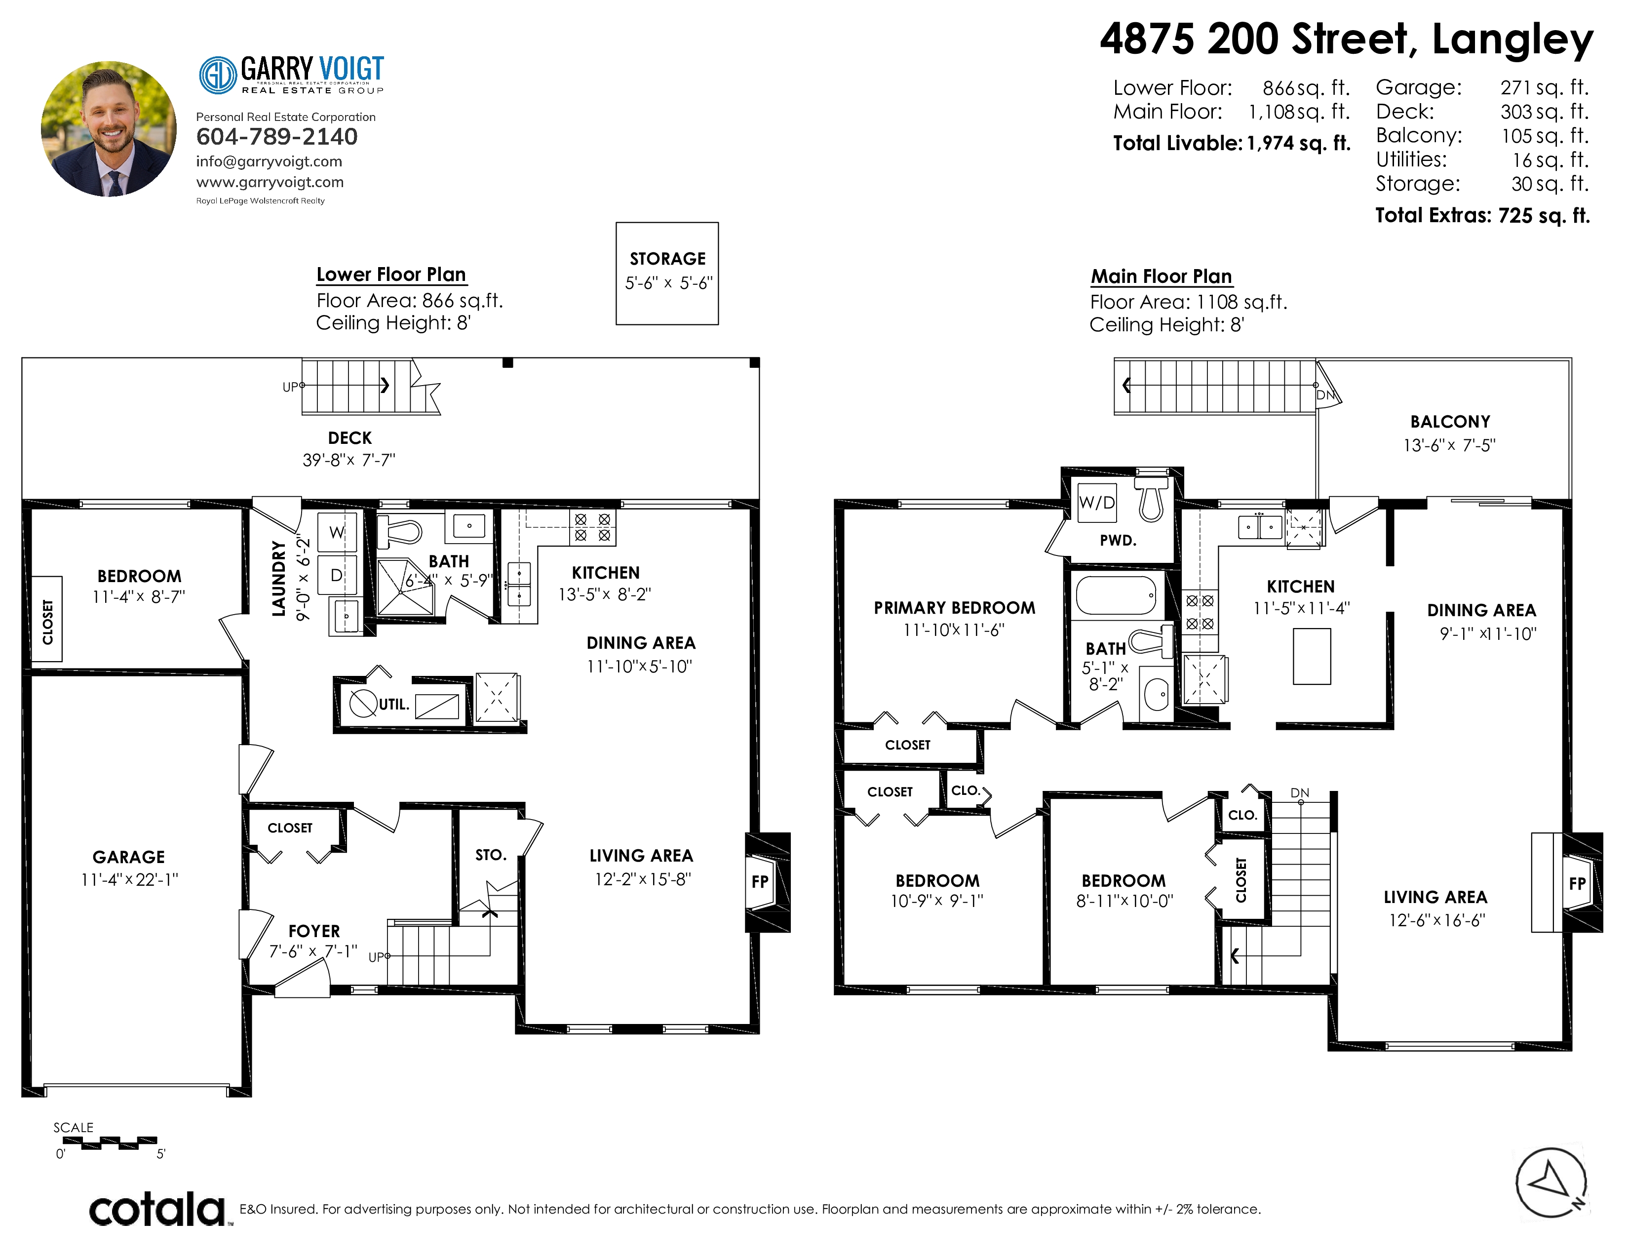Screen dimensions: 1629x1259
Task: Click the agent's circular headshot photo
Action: click(x=109, y=129)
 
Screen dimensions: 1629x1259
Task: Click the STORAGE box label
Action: click(x=667, y=259)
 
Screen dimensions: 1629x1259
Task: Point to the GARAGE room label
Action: click(x=129, y=857)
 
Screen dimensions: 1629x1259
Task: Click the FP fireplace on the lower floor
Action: click(x=760, y=882)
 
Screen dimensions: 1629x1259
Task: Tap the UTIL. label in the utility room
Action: click(x=394, y=704)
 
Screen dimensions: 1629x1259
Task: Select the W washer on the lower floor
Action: click(x=337, y=532)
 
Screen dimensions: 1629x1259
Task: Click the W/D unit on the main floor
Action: click(x=1096, y=503)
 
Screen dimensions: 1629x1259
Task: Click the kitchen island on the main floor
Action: click(x=1312, y=656)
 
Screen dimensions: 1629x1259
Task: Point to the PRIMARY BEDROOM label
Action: click(x=955, y=608)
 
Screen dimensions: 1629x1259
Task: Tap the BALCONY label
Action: click(x=1450, y=422)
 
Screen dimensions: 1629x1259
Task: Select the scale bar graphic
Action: click(x=109, y=1142)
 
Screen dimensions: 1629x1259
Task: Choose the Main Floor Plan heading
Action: click(x=1162, y=276)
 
